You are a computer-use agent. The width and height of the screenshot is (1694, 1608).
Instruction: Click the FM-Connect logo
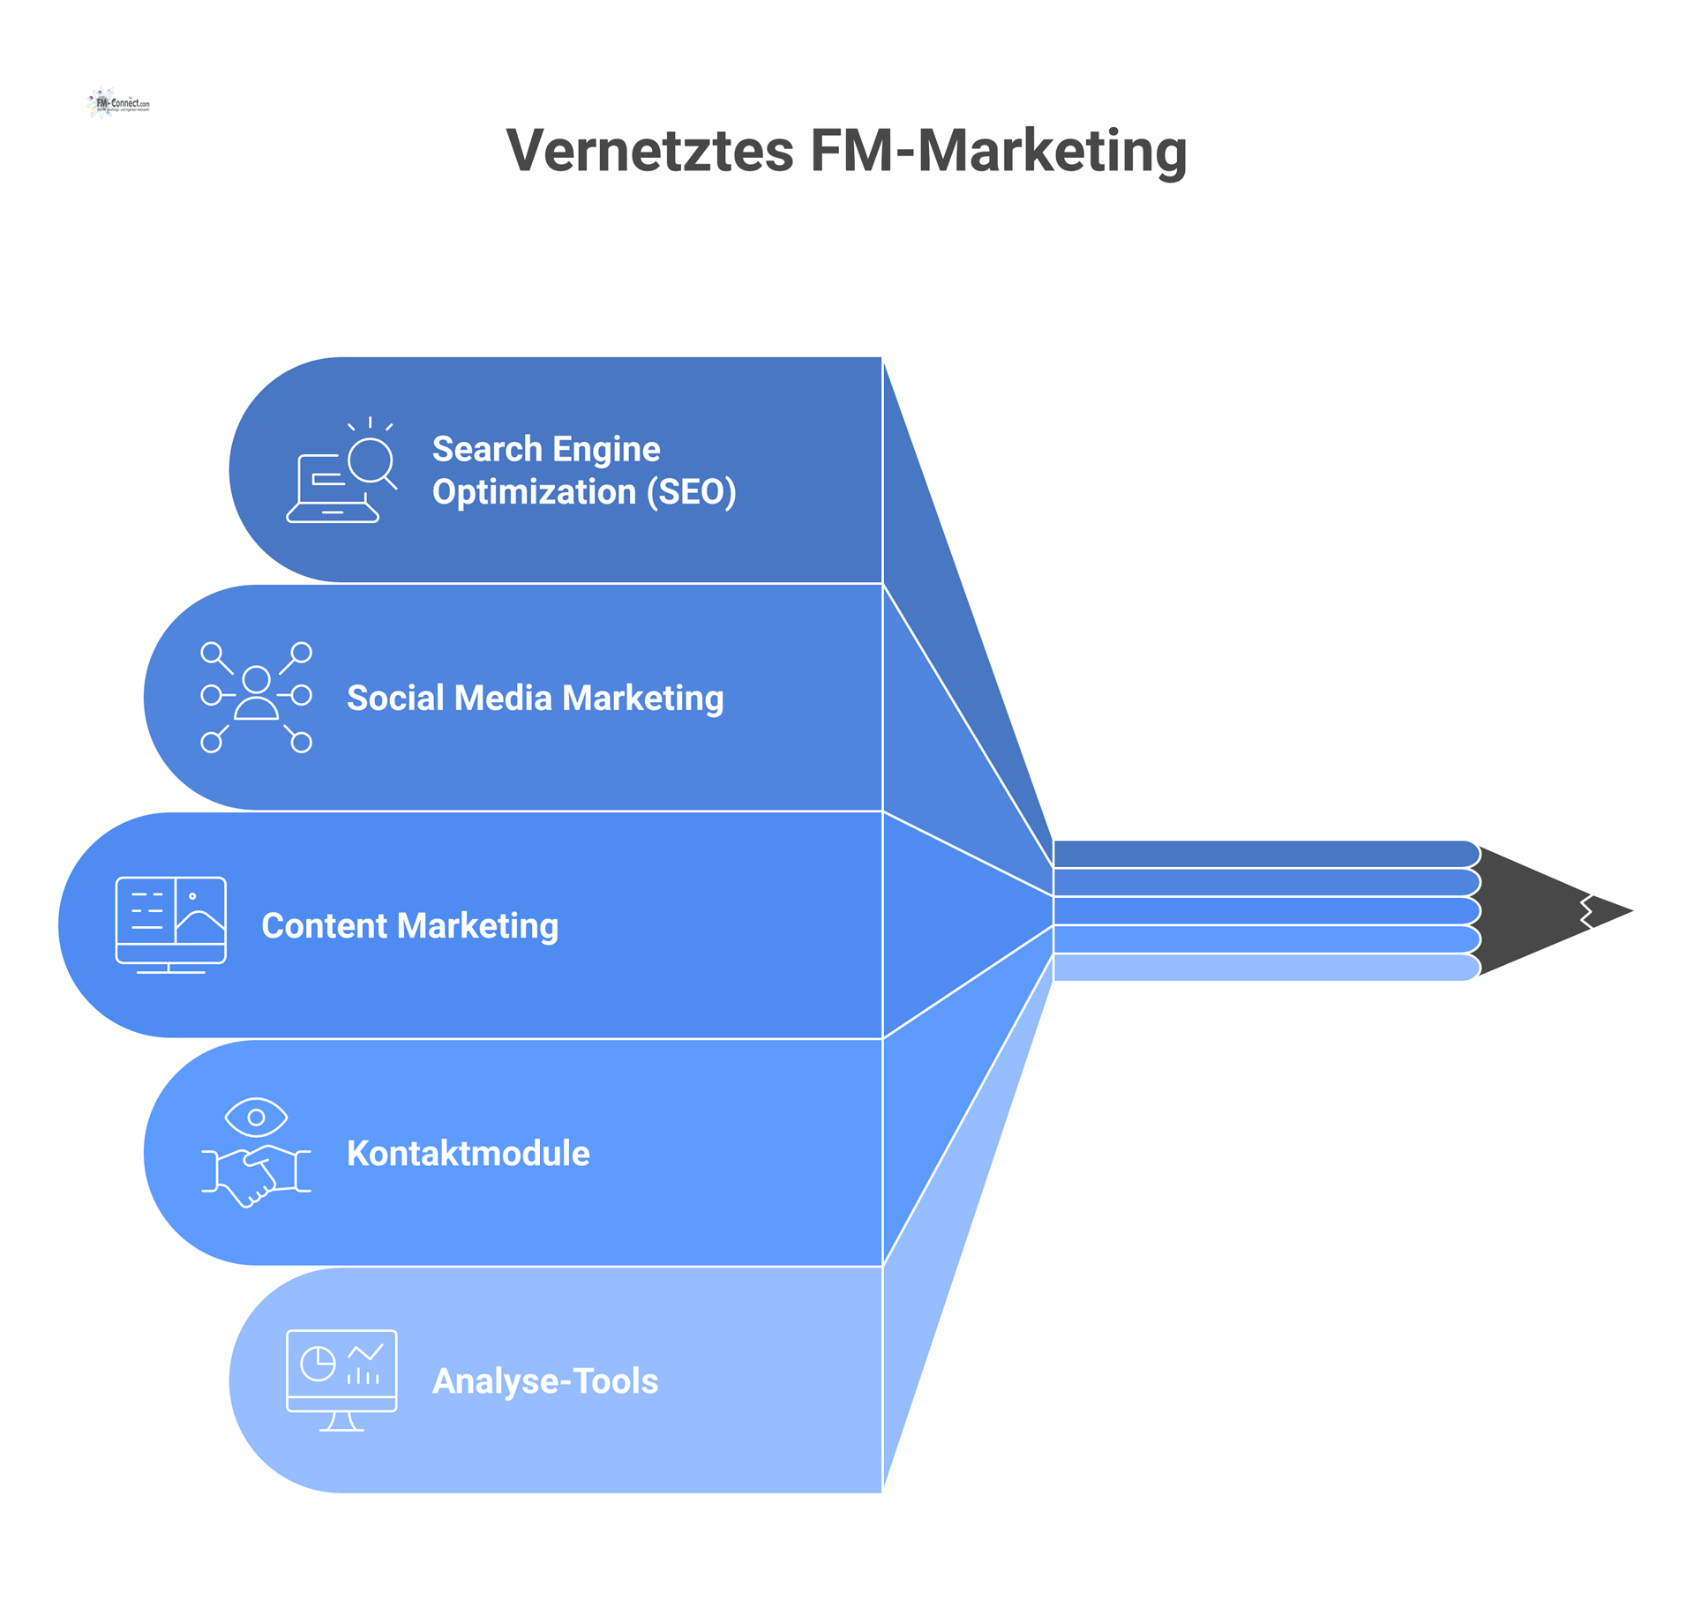[119, 103]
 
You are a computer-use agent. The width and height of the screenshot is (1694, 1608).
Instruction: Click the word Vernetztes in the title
[649, 151]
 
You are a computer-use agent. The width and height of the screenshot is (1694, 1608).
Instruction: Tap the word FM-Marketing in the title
[998, 151]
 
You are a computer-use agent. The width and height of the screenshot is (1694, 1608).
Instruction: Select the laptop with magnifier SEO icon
[341, 472]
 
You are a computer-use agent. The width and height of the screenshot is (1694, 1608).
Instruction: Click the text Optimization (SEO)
[583, 492]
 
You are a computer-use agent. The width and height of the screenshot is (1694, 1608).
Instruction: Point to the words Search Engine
[545, 449]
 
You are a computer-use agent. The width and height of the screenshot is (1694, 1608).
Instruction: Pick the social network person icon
[256, 697]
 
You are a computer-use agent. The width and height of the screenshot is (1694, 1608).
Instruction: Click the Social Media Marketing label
[535, 698]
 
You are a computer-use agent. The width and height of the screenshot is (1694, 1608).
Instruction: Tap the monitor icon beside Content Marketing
[170, 924]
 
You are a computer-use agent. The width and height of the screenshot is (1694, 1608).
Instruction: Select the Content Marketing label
[409, 925]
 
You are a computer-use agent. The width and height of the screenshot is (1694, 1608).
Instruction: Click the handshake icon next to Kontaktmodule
[256, 1173]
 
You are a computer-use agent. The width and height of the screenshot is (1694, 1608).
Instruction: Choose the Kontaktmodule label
[468, 1153]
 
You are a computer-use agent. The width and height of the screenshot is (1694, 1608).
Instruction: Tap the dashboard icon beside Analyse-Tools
[341, 1380]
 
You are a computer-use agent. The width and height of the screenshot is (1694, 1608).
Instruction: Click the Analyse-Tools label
[544, 1380]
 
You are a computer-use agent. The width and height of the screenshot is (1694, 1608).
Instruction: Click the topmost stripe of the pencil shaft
[1262, 854]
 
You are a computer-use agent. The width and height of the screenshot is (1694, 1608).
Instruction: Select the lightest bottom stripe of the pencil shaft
[1262, 968]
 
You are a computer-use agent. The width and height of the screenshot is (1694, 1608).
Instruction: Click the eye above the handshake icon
[256, 1117]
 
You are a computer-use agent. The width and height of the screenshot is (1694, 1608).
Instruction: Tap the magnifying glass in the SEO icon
[371, 460]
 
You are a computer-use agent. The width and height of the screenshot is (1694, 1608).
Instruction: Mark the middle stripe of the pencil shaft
[1262, 910]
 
